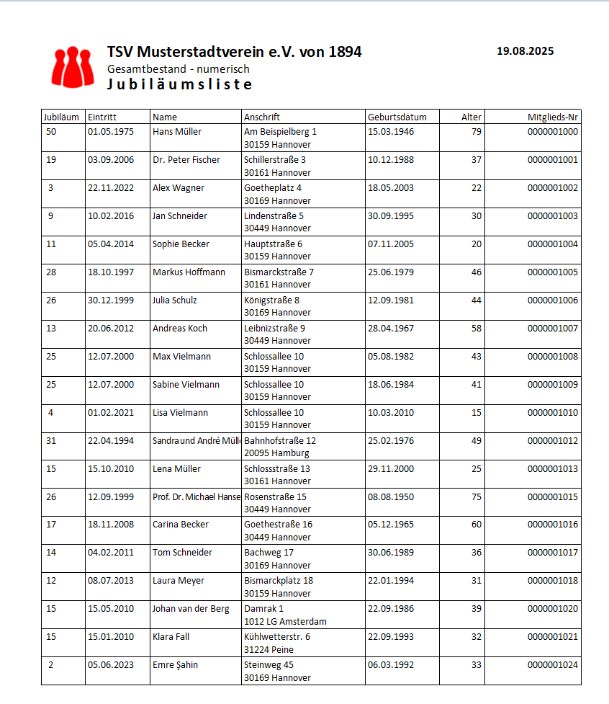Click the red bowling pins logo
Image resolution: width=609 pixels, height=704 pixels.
73,66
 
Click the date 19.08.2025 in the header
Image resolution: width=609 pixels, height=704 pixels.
525,51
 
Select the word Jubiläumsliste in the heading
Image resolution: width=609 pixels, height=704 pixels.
180,84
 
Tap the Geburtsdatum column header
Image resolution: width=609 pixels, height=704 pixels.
397,117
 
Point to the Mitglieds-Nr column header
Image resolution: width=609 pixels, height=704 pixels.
553,117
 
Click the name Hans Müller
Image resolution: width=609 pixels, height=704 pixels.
177,132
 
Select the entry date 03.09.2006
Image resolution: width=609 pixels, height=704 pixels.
111,160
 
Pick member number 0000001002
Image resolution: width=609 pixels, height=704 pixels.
552,188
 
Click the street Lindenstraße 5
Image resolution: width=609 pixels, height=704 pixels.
274,215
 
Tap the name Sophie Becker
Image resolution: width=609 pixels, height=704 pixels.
181,244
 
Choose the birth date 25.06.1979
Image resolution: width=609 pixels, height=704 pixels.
391,272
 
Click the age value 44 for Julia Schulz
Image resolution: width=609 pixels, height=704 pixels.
477,300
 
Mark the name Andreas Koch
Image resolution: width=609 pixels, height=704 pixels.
180,329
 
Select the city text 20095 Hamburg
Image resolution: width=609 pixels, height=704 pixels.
276,453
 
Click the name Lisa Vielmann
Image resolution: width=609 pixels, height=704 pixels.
180,413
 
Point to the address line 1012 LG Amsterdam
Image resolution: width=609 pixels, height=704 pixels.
285,622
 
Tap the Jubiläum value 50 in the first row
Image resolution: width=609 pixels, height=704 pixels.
50,132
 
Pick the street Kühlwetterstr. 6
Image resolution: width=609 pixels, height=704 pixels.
277,637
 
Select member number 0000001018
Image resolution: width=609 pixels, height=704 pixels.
552,581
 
